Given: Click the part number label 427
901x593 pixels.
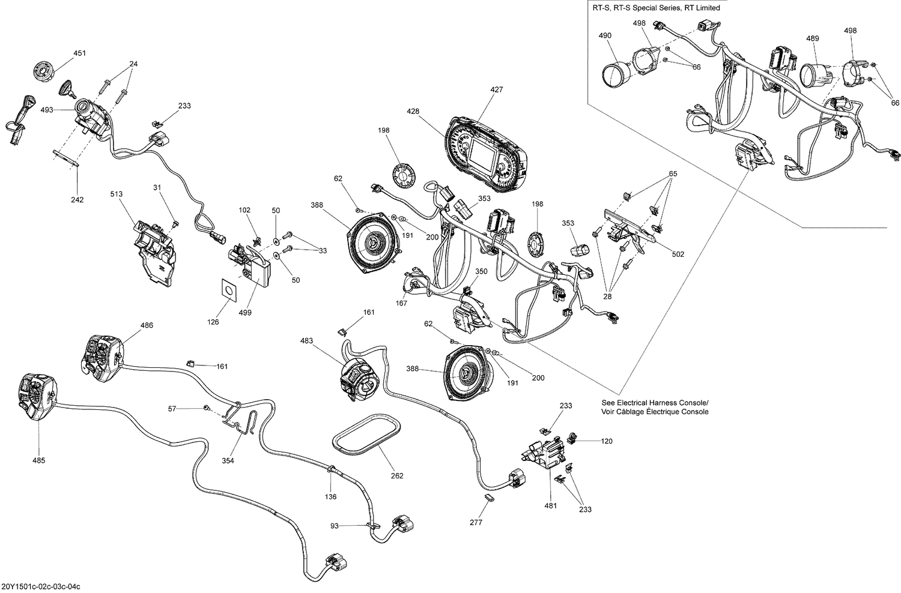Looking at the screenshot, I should coord(496,89).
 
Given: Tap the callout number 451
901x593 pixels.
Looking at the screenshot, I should coord(79,53).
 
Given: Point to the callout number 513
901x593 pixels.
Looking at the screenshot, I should coord(116,194).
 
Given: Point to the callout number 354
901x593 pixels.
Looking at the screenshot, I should coord(228,460).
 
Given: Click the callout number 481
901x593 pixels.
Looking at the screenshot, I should coord(550,505).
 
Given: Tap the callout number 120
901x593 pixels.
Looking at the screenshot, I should coord(607,441).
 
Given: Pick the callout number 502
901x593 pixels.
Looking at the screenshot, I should coord(678,254).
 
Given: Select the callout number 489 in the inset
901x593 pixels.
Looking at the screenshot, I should coord(812,38).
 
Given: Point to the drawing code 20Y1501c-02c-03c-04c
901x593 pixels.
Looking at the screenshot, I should coord(41,586).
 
